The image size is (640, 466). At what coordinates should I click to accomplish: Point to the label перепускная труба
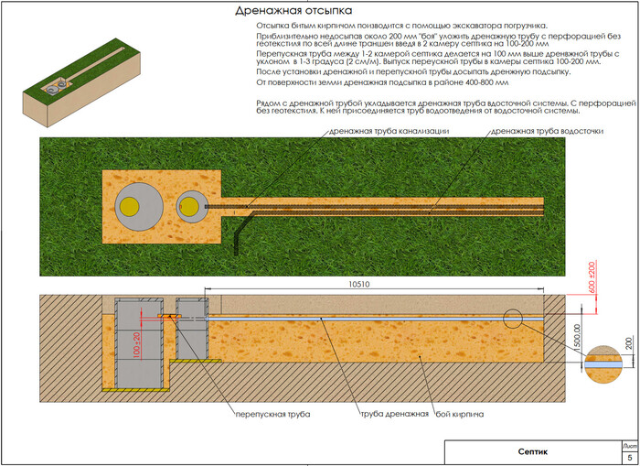[x=270, y=414]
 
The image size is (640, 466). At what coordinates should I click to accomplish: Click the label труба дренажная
[x=393, y=414]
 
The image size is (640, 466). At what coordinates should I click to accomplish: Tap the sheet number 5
[x=628, y=457]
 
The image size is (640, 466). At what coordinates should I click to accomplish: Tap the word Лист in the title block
[x=627, y=443]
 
